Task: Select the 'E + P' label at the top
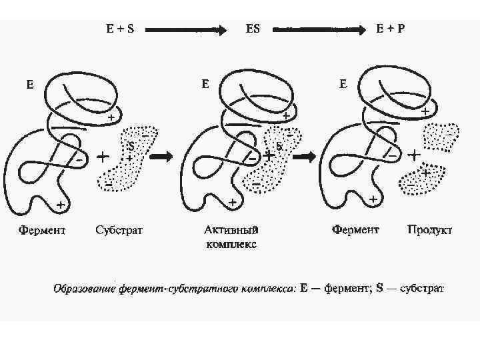coord(391,29)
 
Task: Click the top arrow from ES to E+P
coord(320,30)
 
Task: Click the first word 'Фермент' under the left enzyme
coord(42,231)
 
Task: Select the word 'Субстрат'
coord(119,231)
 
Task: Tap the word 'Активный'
coord(231,231)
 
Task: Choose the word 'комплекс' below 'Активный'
coord(231,244)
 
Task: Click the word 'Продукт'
coord(430,231)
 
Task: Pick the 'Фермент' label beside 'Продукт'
coord(356,231)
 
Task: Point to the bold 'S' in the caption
coord(379,289)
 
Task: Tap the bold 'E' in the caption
coord(304,289)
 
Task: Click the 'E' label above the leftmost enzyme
coord(30,85)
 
